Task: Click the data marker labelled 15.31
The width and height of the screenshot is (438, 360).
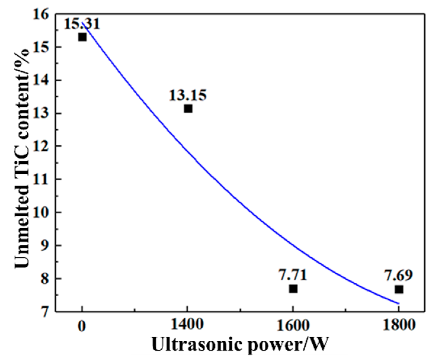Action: (82, 37)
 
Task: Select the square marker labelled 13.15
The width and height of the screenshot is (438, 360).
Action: (188, 109)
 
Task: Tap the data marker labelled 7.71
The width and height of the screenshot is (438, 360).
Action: (293, 289)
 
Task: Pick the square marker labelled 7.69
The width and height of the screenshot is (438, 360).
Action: (399, 289)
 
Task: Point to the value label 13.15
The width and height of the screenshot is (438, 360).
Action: (188, 95)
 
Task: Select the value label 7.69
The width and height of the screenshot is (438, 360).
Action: (399, 276)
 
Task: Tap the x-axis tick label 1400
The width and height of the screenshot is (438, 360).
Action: (187, 325)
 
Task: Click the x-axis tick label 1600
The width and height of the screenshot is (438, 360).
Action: (293, 325)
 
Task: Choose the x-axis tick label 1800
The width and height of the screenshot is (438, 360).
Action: (398, 325)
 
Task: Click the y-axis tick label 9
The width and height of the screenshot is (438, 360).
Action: (47, 246)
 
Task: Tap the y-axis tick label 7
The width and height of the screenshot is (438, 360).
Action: (47, 312)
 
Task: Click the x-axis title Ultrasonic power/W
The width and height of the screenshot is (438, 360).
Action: (240, 345)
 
